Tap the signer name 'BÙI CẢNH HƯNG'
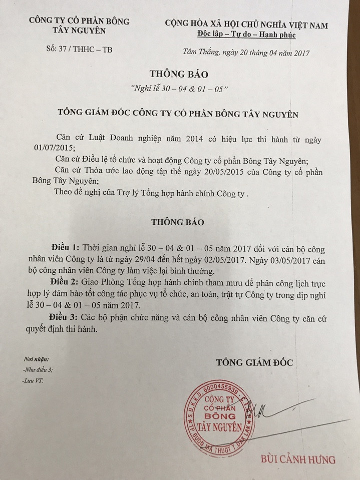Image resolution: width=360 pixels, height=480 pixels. [298, 459]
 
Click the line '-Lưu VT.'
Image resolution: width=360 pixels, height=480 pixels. [33, 381]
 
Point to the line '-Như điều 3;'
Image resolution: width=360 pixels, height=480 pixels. [38, 370]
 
